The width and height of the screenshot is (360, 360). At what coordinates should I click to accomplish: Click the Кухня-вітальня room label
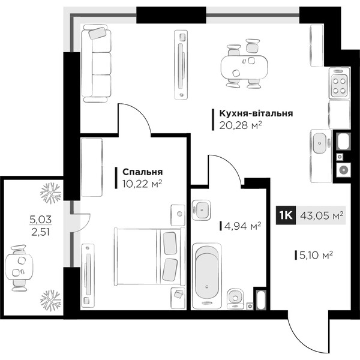(x=256, y=113)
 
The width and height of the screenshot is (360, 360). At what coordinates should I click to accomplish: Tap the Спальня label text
(x=143, y=172)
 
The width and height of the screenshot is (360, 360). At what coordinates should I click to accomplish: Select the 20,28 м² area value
(x=241, y=125)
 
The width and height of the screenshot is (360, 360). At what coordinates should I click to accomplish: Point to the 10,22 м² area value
(x=142, y=184)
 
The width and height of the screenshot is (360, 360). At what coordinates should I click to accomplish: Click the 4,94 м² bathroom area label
(x=242, y=226)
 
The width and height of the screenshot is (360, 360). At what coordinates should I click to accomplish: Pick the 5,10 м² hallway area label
(x=316, y=255)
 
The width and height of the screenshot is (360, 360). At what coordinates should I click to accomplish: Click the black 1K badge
(x=286, y=215)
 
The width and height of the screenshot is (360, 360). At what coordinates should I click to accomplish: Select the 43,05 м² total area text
(x=322, y=215)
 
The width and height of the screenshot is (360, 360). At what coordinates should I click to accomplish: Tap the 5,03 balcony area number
(x=41, y=220)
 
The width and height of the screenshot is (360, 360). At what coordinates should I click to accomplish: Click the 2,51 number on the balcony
(x=41, y=232)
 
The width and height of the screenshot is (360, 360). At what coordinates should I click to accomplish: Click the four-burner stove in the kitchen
(x=340, y=83)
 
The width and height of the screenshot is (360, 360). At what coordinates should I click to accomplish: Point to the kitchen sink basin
(x=319, y=143)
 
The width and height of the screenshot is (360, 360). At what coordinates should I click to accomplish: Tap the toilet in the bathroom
(x=235, y=299)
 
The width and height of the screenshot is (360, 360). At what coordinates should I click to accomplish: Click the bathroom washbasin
(x=202, y=210)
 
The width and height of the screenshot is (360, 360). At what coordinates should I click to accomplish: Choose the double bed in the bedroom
(x=149, y=257)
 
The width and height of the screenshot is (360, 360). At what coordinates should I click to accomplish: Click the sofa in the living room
(x=97, y=64)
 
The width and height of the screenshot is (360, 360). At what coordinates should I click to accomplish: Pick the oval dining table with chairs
(x=244, y=64)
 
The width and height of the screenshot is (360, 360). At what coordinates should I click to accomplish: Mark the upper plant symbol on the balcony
(x=51, y=193)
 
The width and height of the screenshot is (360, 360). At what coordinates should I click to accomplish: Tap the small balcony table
(x=19, y=267)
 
